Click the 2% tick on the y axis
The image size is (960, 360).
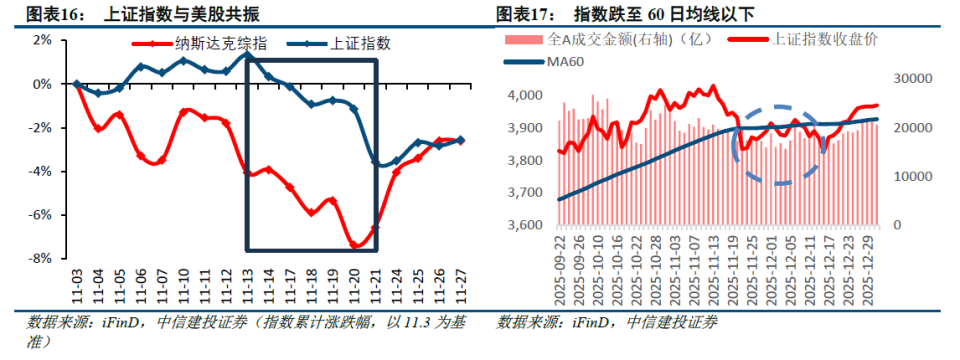coord(42,40)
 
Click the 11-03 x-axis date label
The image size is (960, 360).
coord(76,288)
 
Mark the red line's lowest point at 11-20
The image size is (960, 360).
coord(356,245)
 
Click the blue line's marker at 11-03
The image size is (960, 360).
coord(76,84)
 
